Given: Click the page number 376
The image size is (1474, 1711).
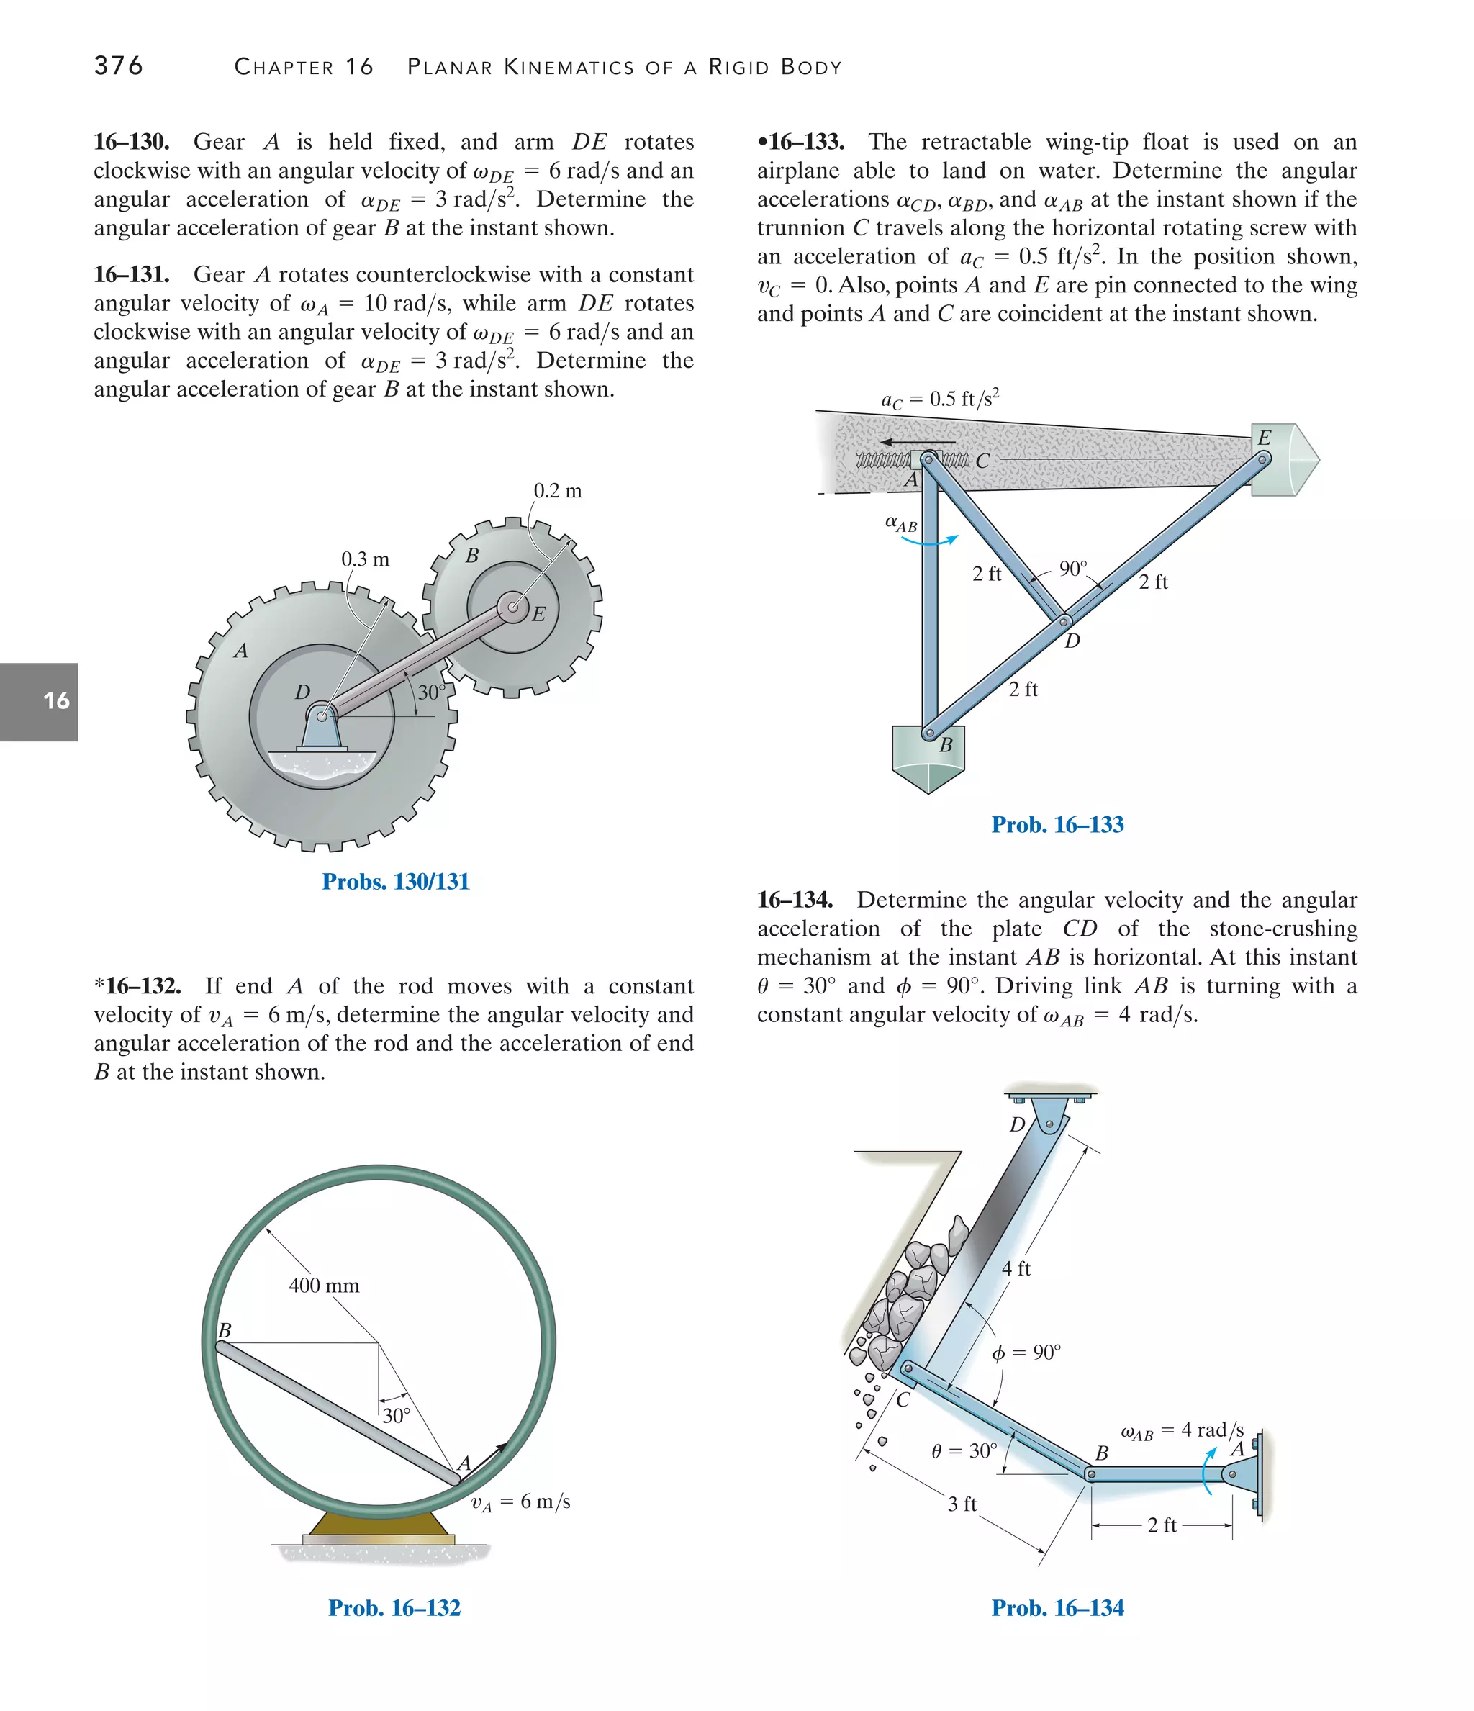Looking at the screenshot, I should tap(119, 66).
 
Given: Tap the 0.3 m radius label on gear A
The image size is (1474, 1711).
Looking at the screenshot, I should tap(365, 559).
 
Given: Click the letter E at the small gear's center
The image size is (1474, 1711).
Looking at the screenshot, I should tap(539, 613).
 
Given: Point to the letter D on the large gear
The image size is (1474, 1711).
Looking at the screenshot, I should tap(302, 692).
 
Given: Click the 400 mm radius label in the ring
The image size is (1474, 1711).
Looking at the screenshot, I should tap(324, 1286).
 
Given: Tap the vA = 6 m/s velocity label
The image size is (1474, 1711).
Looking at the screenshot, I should tap(520, 1502).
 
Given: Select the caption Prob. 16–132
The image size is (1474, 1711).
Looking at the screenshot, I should tap(394, 1608).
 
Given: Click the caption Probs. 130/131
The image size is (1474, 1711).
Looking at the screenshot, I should tap(396, 881).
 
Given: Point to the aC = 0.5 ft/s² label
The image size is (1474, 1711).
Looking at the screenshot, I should tap(940, 399).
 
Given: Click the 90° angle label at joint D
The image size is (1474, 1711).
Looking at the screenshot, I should tap(1074, 569).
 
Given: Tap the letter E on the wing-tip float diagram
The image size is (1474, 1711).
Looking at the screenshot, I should tap(1263, 438).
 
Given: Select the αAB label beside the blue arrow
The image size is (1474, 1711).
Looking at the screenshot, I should tap(901, 523).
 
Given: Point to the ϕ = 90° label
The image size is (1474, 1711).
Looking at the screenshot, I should tap(1026, 1353).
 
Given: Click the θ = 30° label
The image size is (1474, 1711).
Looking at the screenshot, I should tap(964, 1451).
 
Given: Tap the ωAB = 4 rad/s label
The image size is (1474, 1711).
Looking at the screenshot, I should tap(1182, 1431).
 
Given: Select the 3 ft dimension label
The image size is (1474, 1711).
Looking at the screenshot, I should tap(962, 1504).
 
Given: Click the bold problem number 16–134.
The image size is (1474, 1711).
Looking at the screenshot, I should tap(795, 899).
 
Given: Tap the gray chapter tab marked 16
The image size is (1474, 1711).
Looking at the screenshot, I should tap(40, 701).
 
